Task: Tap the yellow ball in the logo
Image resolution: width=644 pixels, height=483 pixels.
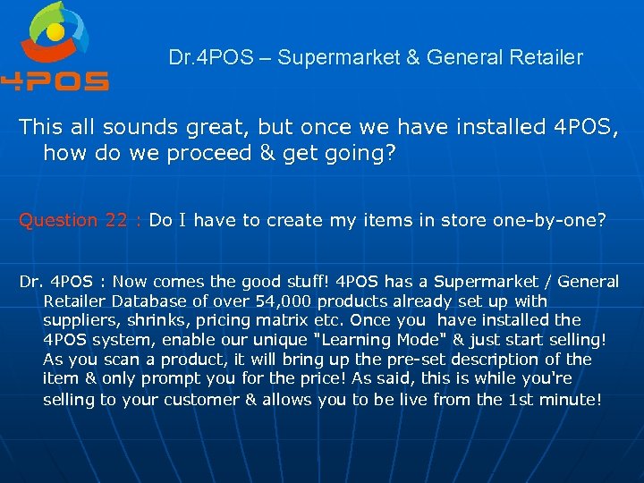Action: (55, 34)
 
